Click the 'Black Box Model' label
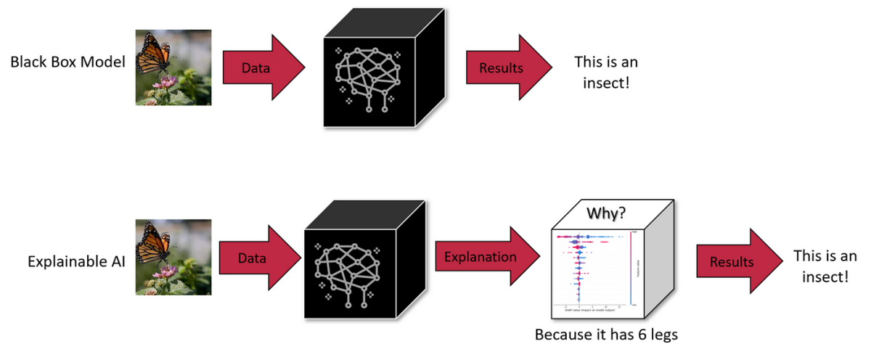68,63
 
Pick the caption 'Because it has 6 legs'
606,335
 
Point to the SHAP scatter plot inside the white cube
588,266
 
